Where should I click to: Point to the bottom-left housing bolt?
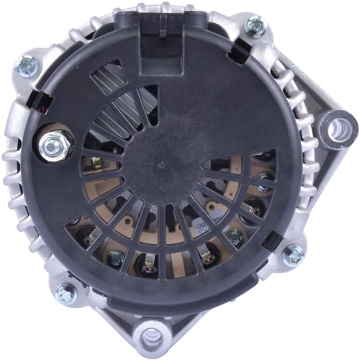tap(66, 292)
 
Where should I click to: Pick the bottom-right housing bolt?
tap(293, 253)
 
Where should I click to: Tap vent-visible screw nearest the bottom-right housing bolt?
tap(235, 238)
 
